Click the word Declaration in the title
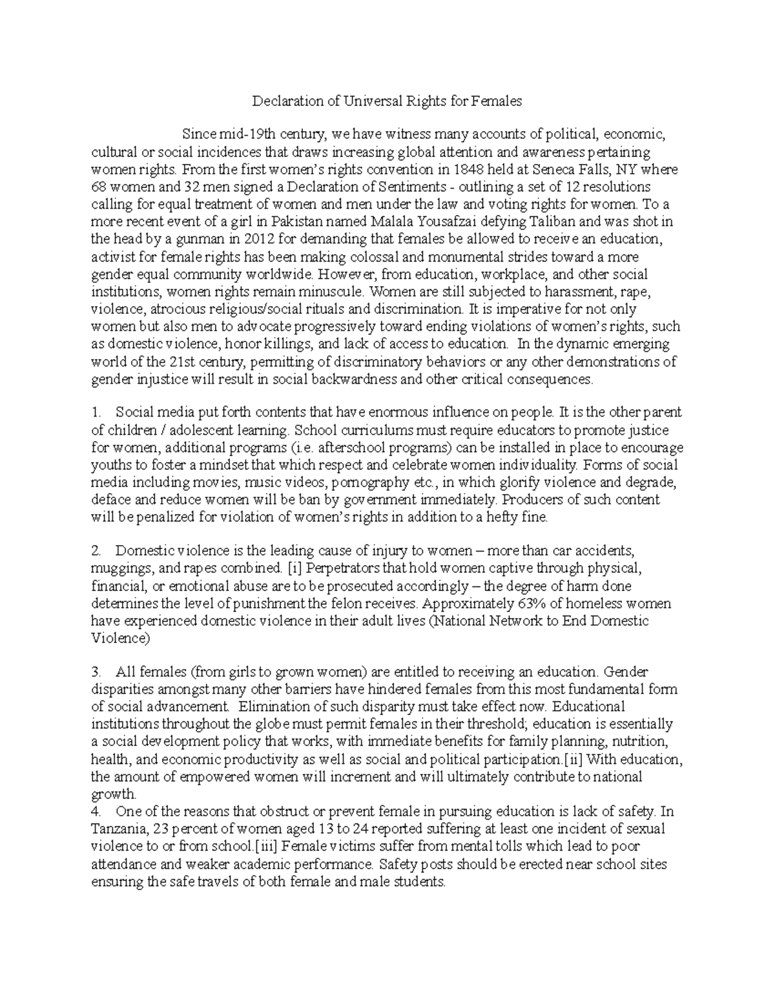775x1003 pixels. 281,101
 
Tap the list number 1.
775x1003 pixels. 95,413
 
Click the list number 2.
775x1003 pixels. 96,552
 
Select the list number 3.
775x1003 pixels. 96,672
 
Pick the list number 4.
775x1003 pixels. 96,812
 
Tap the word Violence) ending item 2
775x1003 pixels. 120,639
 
